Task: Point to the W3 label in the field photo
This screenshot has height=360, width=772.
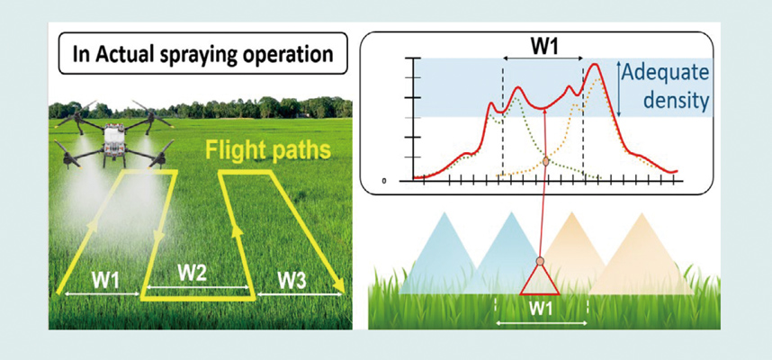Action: (292, 281)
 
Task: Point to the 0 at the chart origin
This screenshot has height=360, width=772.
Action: (384, 181)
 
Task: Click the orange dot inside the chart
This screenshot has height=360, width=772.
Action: (545, 161)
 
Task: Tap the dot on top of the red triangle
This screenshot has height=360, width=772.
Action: (540, 261)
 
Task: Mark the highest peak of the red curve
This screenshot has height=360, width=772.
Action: (596, 64)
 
